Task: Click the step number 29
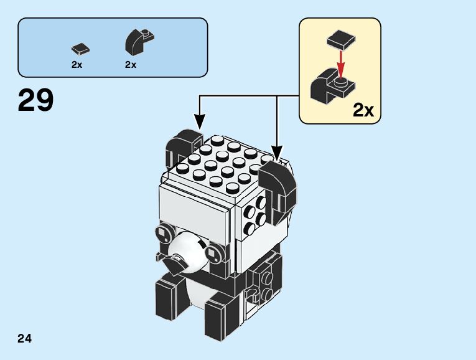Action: [36, 101]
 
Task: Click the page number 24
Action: [25, 339]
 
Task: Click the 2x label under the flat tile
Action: [77, 65]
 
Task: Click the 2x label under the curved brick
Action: [130, 65]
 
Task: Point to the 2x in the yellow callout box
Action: [363, 110]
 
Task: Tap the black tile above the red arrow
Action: [339, 41]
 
